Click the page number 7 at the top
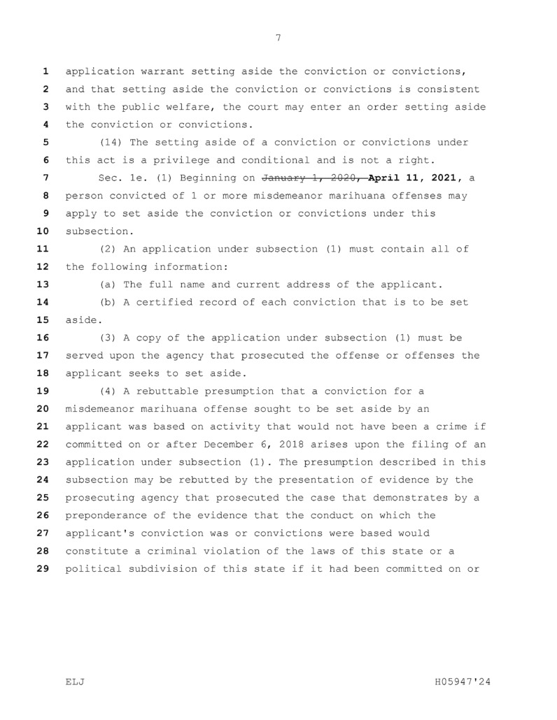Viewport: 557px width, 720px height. coord(278,38)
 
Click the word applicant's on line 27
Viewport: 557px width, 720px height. coord(100,533)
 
